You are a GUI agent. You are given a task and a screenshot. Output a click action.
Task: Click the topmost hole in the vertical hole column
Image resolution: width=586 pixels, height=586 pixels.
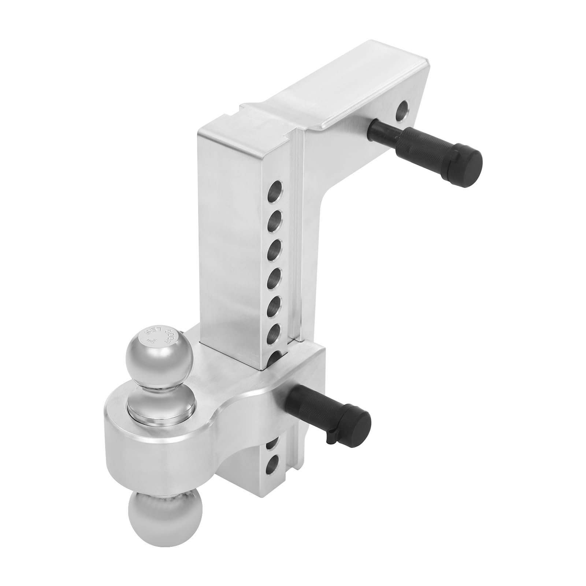click(277, 190)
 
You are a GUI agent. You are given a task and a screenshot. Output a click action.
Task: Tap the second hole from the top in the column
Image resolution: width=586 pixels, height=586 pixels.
click(277, 220)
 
